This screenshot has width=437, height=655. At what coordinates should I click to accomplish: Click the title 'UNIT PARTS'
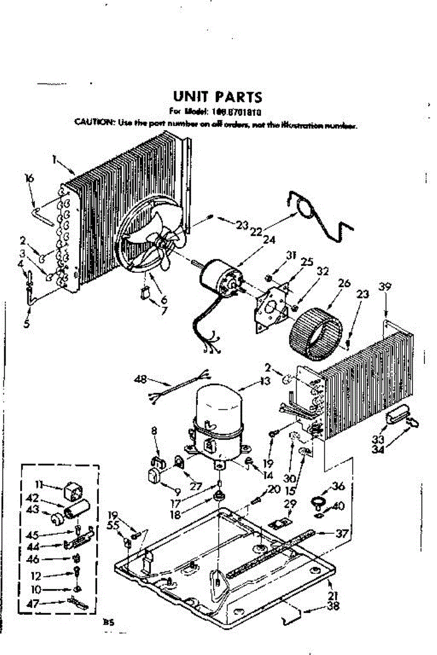pos(217,97)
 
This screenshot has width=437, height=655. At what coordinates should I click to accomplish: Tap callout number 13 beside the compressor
pos(265,381)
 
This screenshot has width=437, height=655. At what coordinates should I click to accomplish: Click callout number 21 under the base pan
pos(333,595)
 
